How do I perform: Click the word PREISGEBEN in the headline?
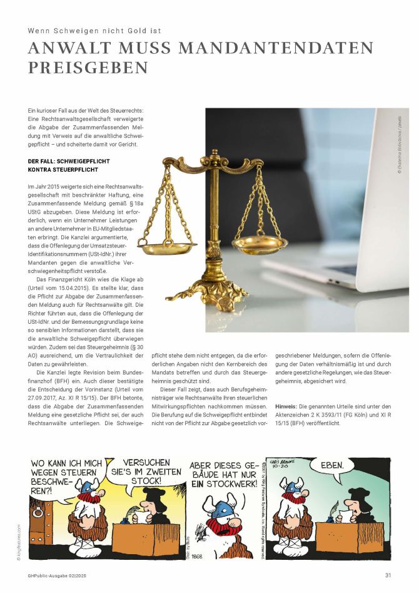coord(88,67)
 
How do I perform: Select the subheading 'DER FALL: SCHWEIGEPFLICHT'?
coord(65,160)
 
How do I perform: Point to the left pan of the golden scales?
coord(167,249)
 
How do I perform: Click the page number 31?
coord(388,576)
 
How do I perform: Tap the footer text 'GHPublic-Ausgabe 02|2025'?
coord(57,576)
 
